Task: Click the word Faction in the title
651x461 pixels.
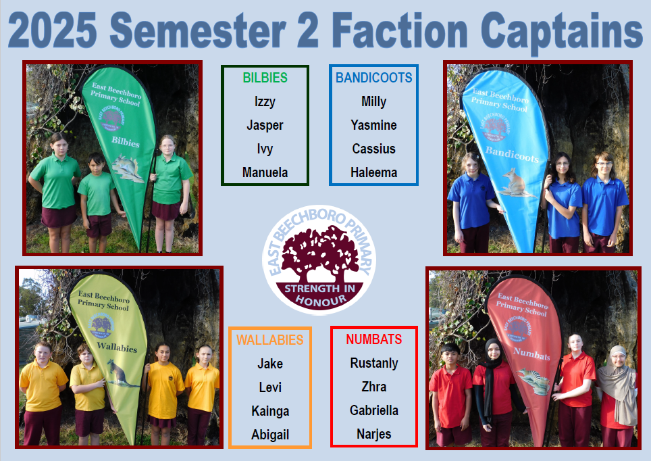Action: [400, 31]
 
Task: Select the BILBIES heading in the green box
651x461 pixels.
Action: [265, 78]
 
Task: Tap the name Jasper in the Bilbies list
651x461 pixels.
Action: [265, 125]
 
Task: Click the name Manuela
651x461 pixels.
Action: [265, 172]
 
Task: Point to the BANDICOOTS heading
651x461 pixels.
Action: [373, 78]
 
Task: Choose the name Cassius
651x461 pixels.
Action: [373, 149]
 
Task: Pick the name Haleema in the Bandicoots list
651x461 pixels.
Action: [373, 172]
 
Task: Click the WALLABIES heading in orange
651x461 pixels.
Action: [270, 340]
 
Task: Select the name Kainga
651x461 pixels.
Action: [270, 411]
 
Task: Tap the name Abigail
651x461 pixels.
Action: [270, 435]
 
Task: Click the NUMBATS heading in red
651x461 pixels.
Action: [373, 339]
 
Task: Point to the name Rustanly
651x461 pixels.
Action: [374, 363]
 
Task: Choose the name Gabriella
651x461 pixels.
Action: [374, 411]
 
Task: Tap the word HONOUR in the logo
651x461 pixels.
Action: [321, 300]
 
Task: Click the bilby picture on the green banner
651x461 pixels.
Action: [127, 168]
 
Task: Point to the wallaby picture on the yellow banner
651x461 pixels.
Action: [120, 374]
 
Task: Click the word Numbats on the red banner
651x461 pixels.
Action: [532, 354]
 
